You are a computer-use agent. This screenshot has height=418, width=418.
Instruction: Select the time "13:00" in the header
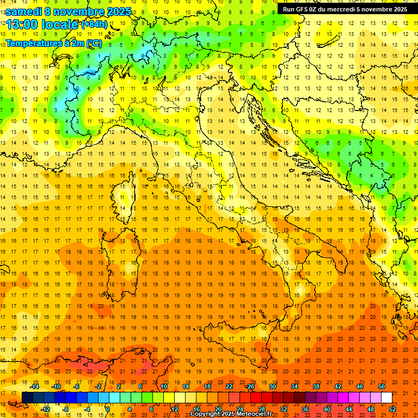22,24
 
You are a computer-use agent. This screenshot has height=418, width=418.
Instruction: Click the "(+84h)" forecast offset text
94,24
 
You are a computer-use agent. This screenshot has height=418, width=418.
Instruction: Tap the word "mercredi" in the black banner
341,9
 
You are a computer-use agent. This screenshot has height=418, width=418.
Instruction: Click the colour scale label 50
382,386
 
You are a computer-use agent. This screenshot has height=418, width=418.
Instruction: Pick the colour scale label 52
392,409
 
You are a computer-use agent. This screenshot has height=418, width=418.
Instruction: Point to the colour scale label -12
45,409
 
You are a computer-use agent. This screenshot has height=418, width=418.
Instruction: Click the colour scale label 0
108,409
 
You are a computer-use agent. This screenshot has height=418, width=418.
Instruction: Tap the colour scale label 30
273,386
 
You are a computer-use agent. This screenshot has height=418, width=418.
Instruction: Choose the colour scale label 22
229,386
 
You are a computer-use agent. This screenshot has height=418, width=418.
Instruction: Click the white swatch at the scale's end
386,397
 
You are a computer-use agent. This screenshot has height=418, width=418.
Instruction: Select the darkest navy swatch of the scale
27,397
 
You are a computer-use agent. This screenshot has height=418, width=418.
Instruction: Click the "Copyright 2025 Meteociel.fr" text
231,414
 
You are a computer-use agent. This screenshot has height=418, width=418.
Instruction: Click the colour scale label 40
327,409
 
